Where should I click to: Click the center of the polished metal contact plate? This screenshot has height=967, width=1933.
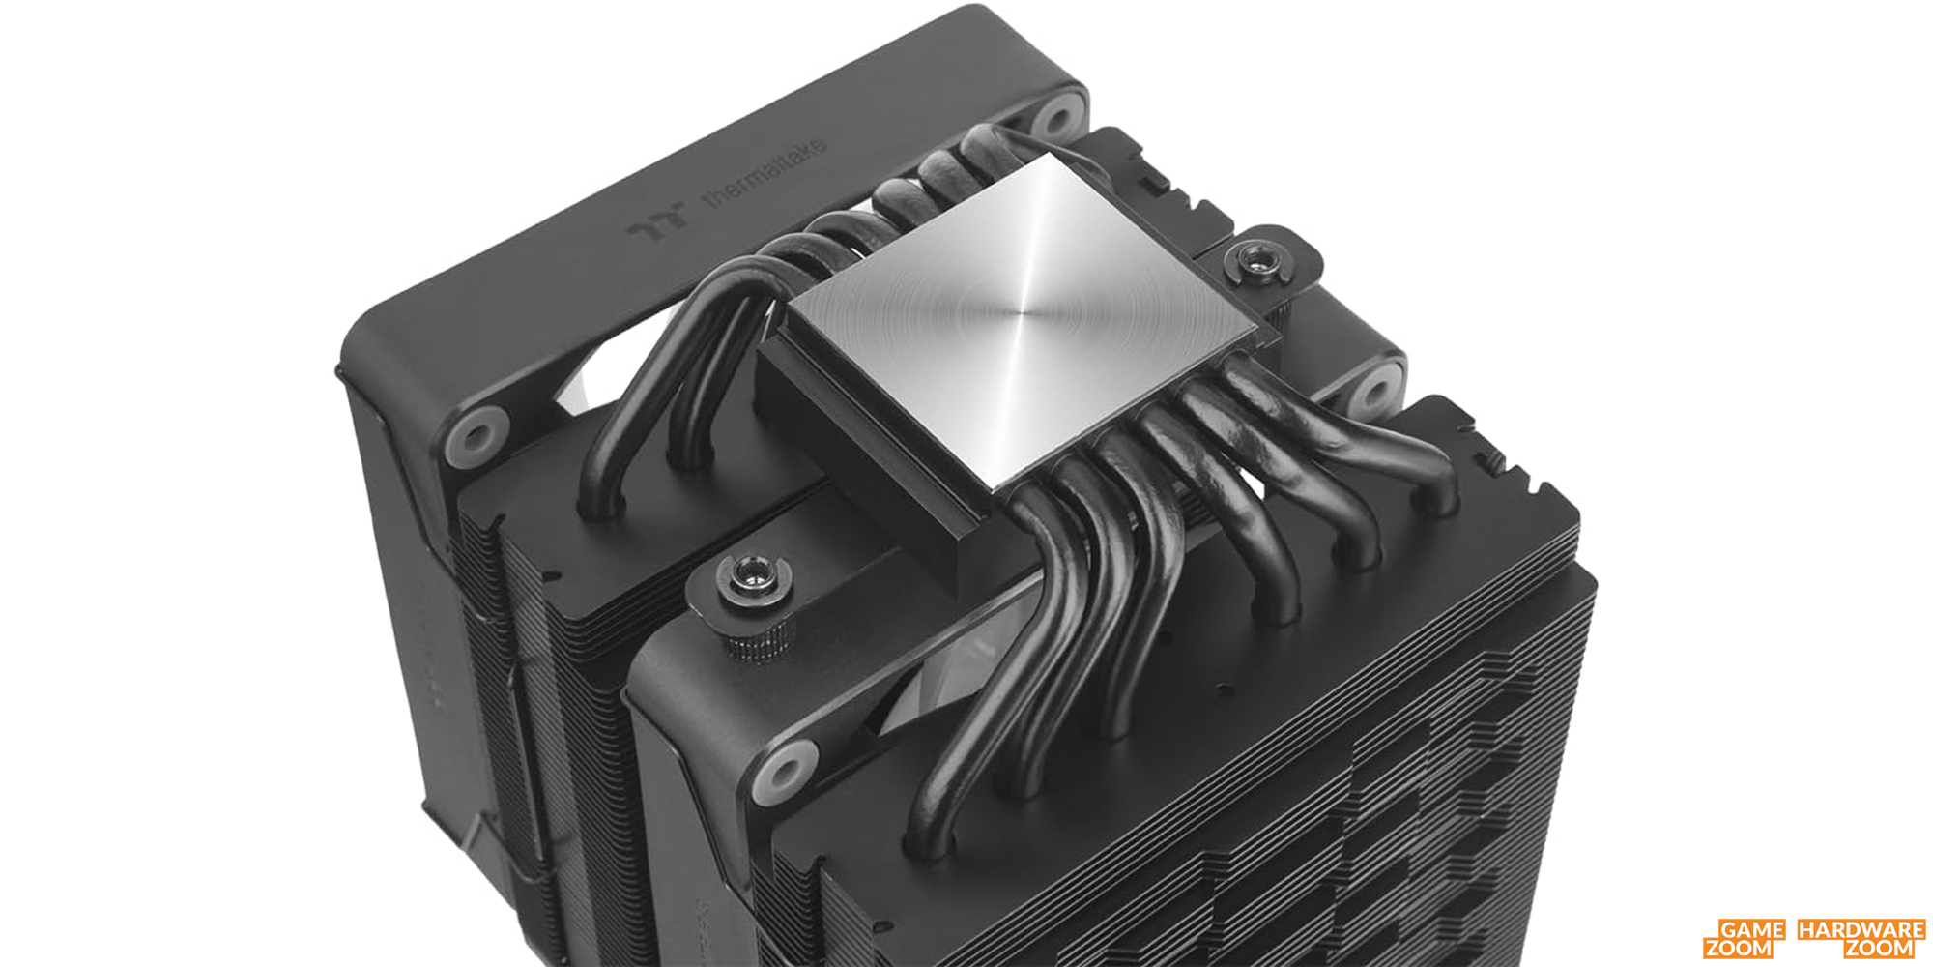click(x=1020, y=319)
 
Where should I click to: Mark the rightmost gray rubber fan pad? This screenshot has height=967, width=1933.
click(x=1373, y=390)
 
